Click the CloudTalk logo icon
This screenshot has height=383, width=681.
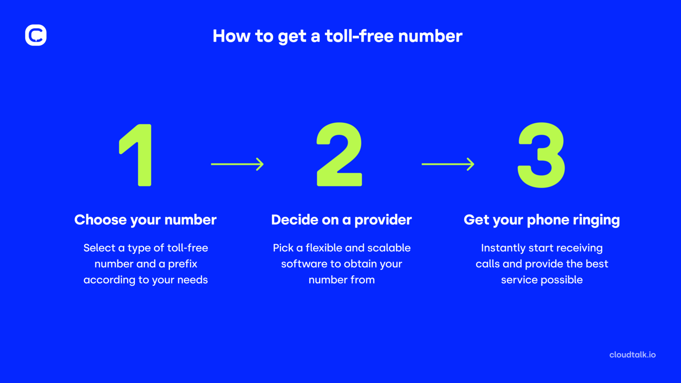pos(36,35)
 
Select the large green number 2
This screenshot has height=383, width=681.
pos(339,155)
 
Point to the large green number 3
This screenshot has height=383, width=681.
pos(541,155)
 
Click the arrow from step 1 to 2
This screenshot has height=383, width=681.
pos(237,164)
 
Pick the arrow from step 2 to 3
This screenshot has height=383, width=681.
pos(448,164)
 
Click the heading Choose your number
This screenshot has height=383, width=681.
pos(145,220)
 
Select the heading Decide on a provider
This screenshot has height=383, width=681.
pos(341,220)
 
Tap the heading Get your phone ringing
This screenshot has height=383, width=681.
pos(541,220)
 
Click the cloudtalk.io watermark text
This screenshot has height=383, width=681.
pos(632,355)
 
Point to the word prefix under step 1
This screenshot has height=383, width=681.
pos(183,264)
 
